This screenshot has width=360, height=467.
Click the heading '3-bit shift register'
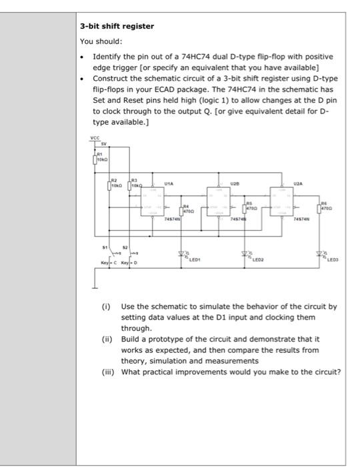[x=117, y=26]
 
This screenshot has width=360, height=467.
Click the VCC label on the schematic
[x=94, y=139]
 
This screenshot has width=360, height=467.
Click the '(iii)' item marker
[x=108, y=373]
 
